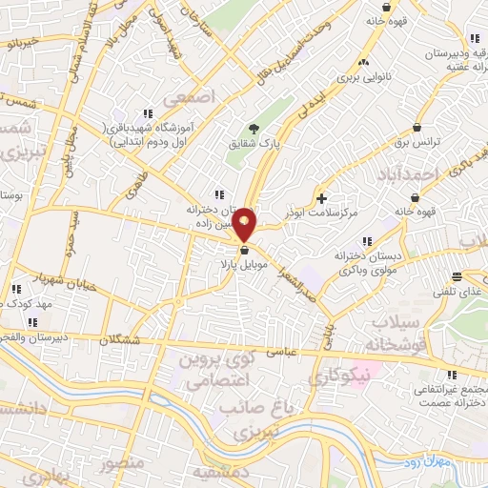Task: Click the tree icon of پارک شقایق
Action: (x=254, y=129)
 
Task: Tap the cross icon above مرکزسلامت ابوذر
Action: (x=321, y=198)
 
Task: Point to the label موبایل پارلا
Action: (x=231, y=262)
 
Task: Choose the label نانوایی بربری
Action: (x=363, y=72)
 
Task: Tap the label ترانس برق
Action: (x=417, y=143)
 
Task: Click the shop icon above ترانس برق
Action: (x=417, y=128)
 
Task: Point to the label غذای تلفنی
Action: (x=460, y=294)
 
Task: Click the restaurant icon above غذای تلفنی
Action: (x=458, y=278)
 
